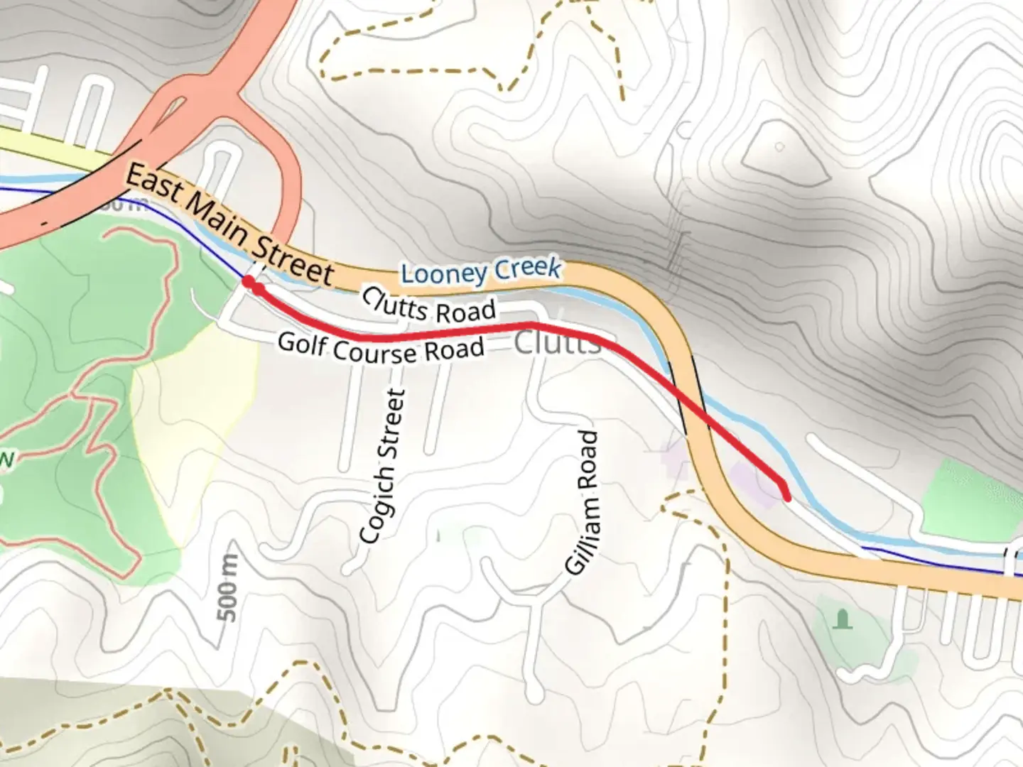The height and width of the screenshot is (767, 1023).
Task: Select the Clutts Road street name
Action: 428,306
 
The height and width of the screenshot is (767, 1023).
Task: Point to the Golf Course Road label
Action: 381,348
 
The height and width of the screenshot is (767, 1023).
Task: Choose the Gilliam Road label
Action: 583,502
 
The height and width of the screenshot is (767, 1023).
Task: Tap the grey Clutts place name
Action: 557,342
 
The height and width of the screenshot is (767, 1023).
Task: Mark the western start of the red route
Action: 248,282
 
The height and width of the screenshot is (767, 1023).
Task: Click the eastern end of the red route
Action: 786,496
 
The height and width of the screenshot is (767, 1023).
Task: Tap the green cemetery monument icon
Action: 843,619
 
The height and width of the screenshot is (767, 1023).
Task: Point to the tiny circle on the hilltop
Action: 779,147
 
